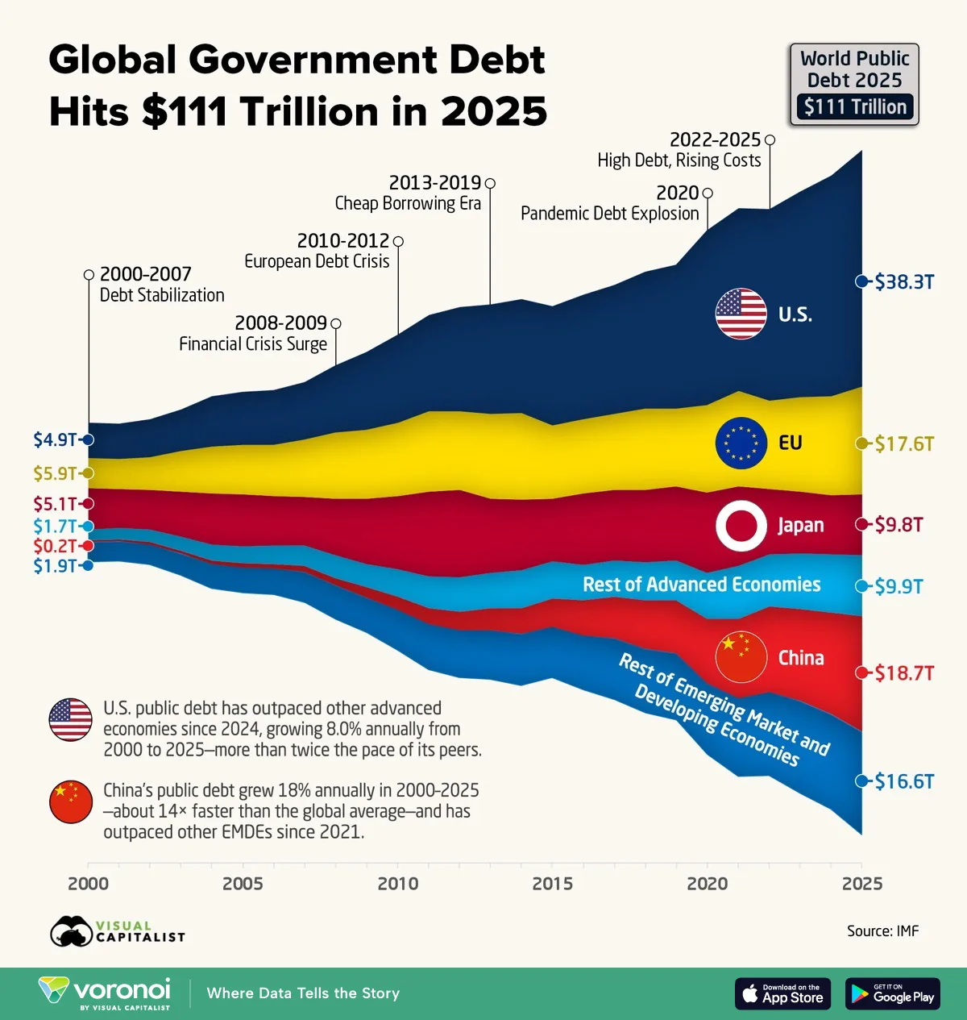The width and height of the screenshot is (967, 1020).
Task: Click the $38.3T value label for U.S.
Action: tap(904, 281)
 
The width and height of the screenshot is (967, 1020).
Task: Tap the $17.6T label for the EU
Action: tap(904, 443)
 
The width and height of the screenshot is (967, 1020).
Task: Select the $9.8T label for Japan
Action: tap(899, 525)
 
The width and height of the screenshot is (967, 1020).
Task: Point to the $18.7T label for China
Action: tap(904, 672)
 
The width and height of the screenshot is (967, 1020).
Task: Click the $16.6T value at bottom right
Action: tap(904, 781)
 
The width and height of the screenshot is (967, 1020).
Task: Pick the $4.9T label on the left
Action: tap(55, 439)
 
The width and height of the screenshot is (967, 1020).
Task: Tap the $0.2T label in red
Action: tap(55, 546)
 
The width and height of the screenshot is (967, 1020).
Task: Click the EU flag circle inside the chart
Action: tap(741, 443)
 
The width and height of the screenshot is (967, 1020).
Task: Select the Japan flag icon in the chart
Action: tap(741, 525)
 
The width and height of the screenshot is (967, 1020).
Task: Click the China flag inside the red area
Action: tap(741, 657)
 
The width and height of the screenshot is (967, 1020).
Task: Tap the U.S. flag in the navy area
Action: tap(741, 314)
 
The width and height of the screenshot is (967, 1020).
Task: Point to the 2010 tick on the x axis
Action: tap(398, 883)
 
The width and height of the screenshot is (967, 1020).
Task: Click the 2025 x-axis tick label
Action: tap(861, 883)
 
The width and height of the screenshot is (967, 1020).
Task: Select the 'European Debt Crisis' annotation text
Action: tap(317, 261)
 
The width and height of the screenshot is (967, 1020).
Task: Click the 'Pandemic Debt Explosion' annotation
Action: tap(609, 214)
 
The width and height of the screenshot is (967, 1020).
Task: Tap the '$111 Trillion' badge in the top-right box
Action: tap(855, 106)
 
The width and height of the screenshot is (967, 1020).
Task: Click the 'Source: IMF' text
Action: tap(882, 931)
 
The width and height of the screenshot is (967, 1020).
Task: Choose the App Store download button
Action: tap(782, 993)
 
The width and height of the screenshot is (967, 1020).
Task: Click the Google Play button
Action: tap(892, 993)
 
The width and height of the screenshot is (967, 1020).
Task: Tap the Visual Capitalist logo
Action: tap(118, 931)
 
